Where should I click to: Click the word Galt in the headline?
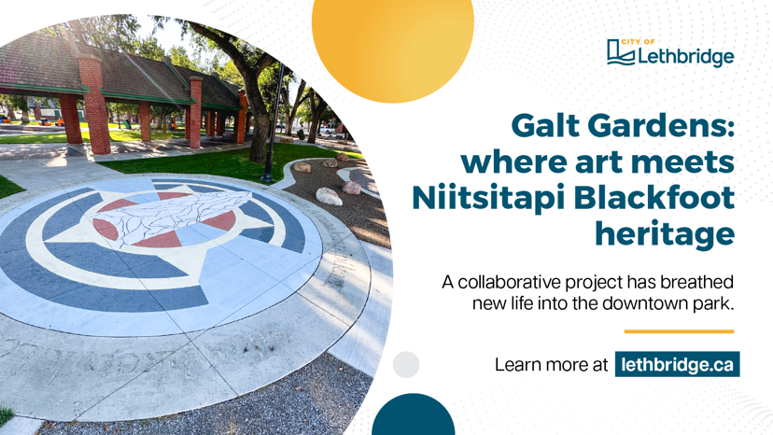coord(545,125)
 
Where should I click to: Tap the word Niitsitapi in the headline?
coord(488,199)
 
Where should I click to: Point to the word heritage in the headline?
coord(665,233)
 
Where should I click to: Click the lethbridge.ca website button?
coord(678,364)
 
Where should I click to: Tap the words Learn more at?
coord(551,365)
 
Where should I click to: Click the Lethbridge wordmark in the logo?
coord(686,57)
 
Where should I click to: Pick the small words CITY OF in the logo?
coord(638,42)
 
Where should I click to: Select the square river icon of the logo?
coord(621,52)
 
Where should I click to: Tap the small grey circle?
coord(406,364)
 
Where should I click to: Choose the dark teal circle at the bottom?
coord(414,416)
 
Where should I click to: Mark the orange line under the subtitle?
coord(679,331)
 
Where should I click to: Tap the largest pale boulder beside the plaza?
coord(329,196)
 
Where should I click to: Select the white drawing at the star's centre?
coord(174,216)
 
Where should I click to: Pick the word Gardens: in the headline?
coord(661,125)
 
